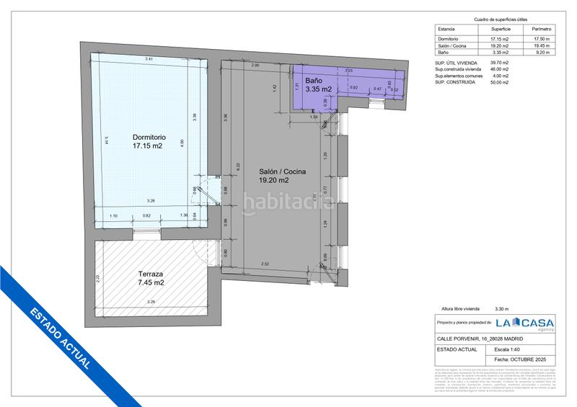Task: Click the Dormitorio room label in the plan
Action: coord(149,137)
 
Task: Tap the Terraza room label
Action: coord(151,274)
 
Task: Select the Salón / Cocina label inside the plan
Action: coord(283,171)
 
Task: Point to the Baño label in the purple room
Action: coord(313,80)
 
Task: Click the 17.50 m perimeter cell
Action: coord(540,38)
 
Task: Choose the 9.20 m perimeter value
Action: coord(540,53)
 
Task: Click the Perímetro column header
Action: coord(540,30)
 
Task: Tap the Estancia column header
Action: coord(447,30)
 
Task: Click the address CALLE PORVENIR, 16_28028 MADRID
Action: coord(480,339)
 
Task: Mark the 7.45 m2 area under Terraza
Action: coord(151,282)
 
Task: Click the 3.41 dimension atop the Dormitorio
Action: coord(149,58)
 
